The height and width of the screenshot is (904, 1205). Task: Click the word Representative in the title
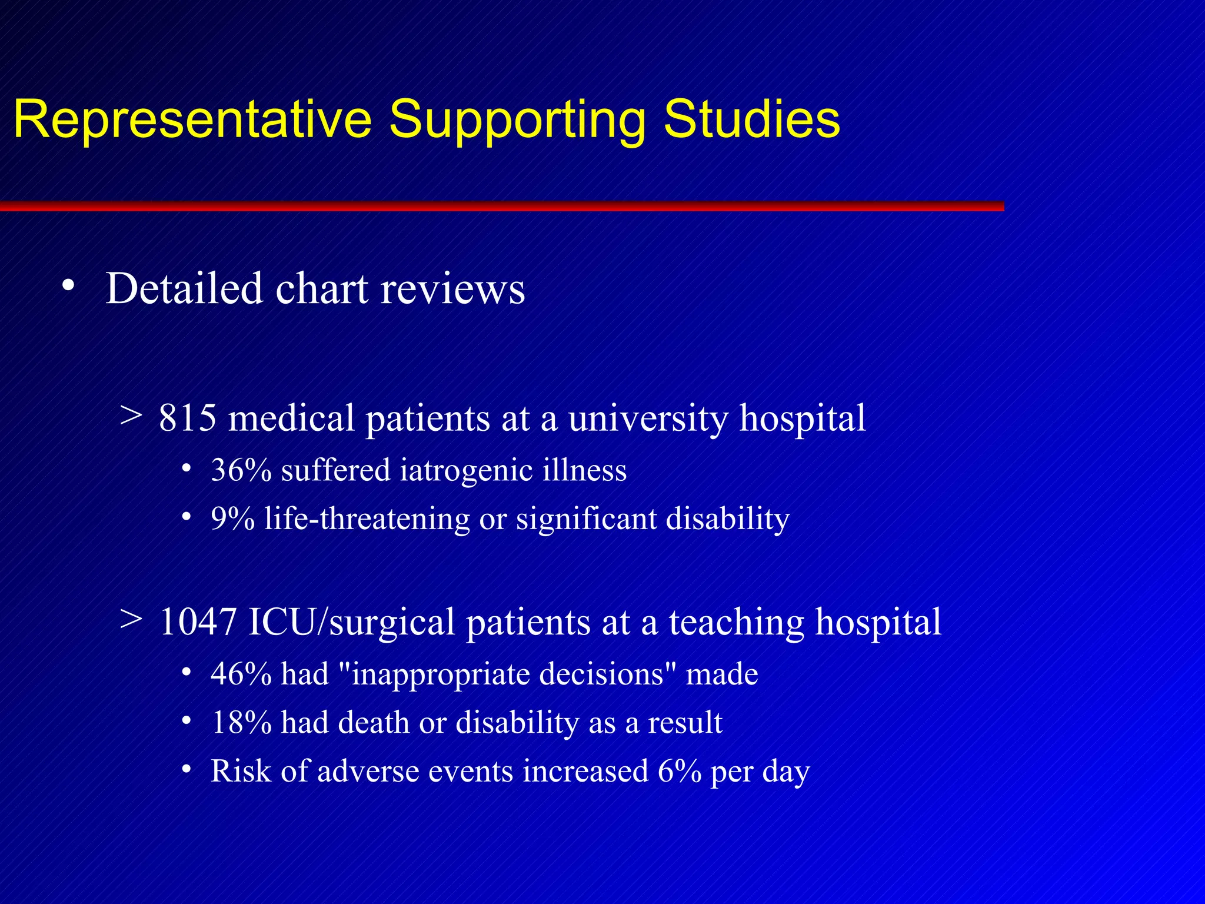192,120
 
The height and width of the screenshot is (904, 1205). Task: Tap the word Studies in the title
751,120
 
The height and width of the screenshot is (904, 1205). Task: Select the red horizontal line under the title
500,206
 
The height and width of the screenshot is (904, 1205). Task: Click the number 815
188,418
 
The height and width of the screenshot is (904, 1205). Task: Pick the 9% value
233,519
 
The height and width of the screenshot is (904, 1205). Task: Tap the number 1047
198,622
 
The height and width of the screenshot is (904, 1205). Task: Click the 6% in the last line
680,772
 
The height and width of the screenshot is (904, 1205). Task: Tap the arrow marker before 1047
131,619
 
